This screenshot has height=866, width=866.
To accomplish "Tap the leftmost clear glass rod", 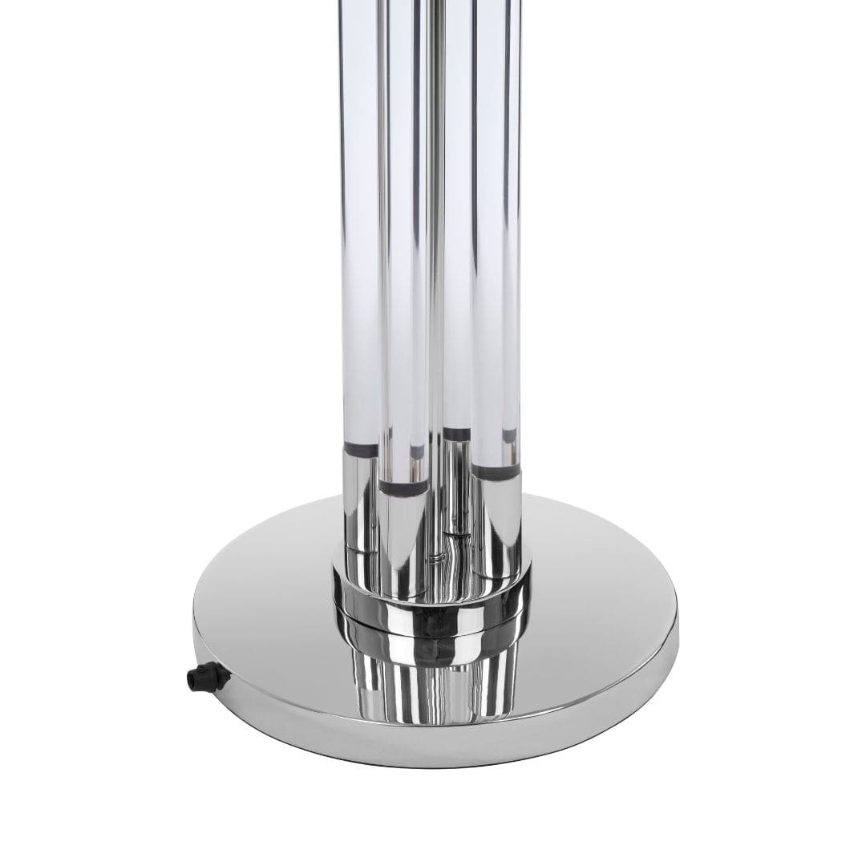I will point(360,241).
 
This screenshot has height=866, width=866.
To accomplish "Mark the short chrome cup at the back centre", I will point(456,481).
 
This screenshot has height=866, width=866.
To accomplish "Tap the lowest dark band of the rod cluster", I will point(404,486).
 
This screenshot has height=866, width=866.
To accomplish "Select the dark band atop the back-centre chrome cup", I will point(456,435).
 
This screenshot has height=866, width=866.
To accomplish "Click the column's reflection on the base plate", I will point(433,682).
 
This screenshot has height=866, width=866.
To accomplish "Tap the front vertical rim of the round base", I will point(433,746).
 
